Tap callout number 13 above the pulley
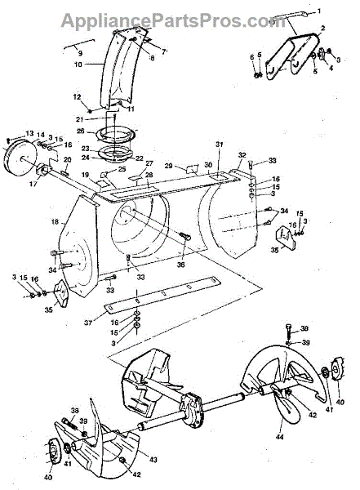tap(29, 134)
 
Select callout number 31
tap(218, 145)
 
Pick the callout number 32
tap(242, 154)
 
